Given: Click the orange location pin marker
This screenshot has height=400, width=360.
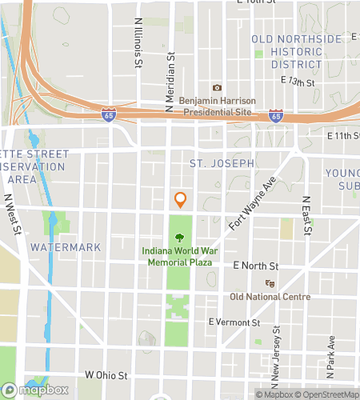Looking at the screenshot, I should coord(181,199).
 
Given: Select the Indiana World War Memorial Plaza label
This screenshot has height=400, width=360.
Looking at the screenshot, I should coord(180,256).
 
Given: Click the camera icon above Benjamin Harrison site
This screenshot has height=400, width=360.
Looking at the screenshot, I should coord(216,88).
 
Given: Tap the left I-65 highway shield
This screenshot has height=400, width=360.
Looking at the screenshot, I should coord(110,116).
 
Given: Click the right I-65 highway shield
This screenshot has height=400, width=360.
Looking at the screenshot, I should coord(275,116).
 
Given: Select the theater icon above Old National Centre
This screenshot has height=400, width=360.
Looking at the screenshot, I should coord(270,283).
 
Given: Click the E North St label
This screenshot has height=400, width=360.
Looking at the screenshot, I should coord(255,266).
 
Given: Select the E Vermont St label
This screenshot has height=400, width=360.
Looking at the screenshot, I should coord(234,322).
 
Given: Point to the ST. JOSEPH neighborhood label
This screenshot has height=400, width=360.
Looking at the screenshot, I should coord(222,163).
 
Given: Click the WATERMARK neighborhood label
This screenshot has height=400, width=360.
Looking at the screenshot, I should coord(66,247).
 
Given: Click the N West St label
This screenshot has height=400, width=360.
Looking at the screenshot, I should coord(11,215).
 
